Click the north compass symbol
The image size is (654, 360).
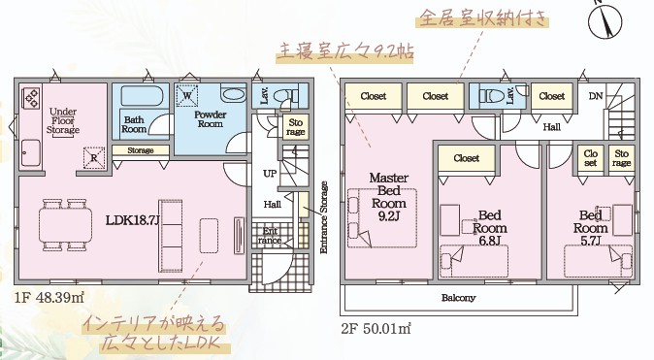coord(605,20)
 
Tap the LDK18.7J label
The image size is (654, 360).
coord(133,220)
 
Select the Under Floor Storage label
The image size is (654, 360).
coord(63,120)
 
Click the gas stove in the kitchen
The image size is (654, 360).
coord(32,99)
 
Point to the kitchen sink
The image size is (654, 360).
coord(31,152)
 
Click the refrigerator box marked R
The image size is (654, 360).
coord(94,158)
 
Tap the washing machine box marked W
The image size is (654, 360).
coord(187,95)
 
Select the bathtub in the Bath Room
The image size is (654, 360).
coord(142,96)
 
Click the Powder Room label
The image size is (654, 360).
coord(211,119)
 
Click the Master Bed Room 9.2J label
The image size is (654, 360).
coord(389,197)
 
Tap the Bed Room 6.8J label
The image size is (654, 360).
coord(490,228)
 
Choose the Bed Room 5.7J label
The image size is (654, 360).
coord(590,228)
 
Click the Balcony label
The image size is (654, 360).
coord(458,298)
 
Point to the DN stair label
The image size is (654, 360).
coord(596,96)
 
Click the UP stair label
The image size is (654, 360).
coord(270,173)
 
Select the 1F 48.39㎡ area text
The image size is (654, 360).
coord(49,298)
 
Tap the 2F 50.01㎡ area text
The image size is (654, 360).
coord(376,329)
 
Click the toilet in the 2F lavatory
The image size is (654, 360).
coord(488,95)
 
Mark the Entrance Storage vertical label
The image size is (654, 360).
coord(324,217)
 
